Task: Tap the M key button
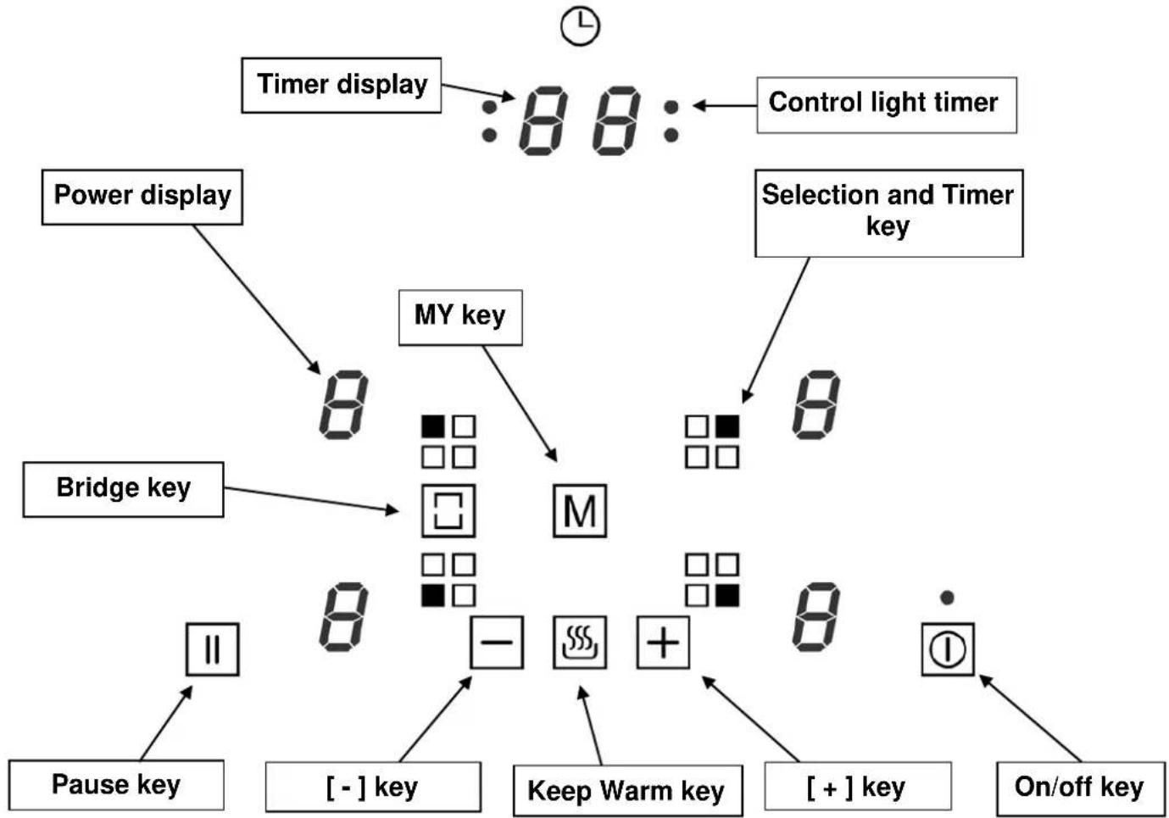[580, 511]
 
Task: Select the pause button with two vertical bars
[213, 649]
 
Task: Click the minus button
[496, 643]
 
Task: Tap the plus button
[663, 643]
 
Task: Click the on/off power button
[947, 649]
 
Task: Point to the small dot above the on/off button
[947, 598]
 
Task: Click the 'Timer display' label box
[342, 85]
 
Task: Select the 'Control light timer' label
[887, 105]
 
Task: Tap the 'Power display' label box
[142, 198]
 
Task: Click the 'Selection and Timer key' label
[888, 214]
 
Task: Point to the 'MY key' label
[460, 317]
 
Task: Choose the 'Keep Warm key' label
[628, 791]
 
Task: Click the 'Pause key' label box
[116, 785]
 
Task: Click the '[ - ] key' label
[373, 787]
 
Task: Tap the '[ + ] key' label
[857, 786]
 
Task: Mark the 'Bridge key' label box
[123, 489]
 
